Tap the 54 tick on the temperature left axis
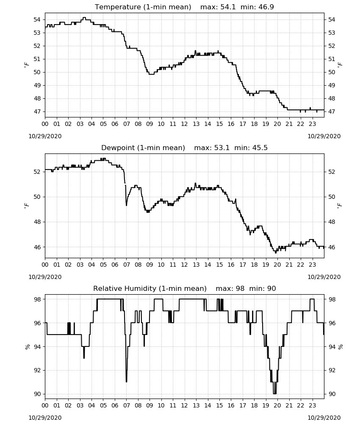click(37, 20)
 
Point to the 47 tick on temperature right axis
click(332, 112)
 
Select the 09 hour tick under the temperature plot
click(150, 124)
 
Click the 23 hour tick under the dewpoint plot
click(313, 265)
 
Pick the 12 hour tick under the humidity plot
click(185, 405)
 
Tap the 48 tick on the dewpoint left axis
click(37, 222)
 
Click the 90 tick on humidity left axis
click(37, 394)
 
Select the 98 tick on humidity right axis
click(332, 299)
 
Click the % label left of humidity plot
click(27, 347)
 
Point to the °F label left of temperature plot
click(26, 65)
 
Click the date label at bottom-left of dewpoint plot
click(45, 277)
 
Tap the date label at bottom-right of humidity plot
click(324, 418)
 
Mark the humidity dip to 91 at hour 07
click(126, 381)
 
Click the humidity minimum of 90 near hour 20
click(275, 394)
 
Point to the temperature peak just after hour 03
click(84, 17)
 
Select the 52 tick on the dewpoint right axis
click(332, 172)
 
